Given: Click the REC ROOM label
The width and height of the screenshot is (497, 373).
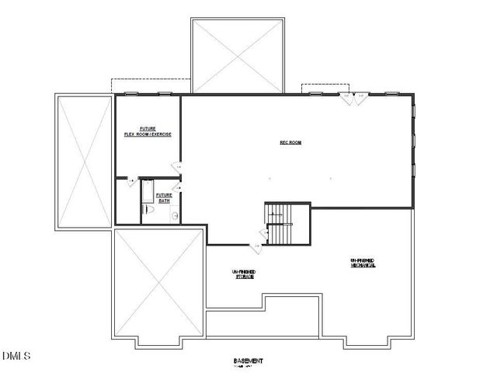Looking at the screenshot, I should pyautogui.click(x=290, y=142).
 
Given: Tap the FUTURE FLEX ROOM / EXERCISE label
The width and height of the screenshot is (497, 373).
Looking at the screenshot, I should pyautogui.click(x=148, y=131).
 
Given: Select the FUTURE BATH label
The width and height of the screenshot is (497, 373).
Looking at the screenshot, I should pyautogui.click(x=164, y=197).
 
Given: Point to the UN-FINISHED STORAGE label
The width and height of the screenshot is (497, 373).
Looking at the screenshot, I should pyautogui.click(x=244, y=273).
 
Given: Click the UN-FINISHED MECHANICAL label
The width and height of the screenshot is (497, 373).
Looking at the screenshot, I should pyautogui.click(x=363, y=263).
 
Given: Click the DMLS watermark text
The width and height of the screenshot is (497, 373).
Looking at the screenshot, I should pyautogui.click(x=16, y=357).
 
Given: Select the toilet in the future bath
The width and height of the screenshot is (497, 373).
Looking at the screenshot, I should pyautogui.click(x=148, y=210).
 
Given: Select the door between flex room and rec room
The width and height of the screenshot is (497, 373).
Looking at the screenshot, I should pyautogui.click(x=176, y=167).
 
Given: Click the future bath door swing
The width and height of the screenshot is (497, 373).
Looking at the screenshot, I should pyautogui.click(x=178, y=187).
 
